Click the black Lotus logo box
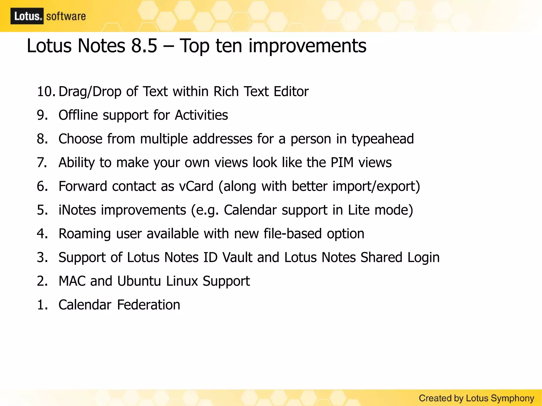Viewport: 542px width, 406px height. pos(27,16)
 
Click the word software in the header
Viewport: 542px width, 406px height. pos(66,16)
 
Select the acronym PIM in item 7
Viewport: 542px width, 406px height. pos(342,162)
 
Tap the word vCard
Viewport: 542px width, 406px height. pos(196,186)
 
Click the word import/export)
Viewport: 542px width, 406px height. pos(376,186)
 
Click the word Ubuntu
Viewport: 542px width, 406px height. pos(139,281)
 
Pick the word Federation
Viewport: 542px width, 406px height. pos(148,305)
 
